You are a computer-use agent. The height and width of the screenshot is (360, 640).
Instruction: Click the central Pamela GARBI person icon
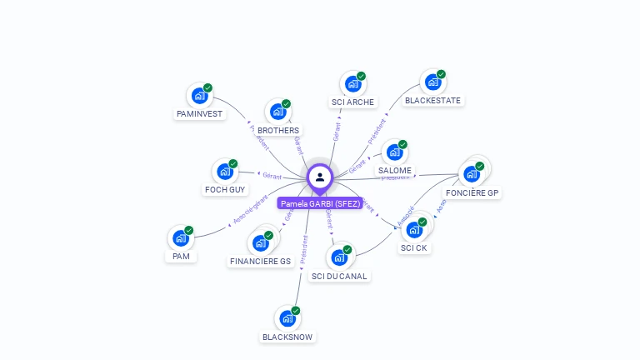pos(320,177)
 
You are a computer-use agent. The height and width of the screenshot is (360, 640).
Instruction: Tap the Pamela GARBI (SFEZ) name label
pos(320,203)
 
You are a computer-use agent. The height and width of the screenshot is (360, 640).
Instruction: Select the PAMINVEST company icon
pos(200,95)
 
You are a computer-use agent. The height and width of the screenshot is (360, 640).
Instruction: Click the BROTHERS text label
pos(278,131)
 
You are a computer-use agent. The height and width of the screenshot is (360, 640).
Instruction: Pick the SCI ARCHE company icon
pos(353,83)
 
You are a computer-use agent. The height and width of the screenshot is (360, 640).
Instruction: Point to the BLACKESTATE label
pos(432,101)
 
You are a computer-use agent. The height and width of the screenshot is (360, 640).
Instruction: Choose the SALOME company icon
pos(394,152)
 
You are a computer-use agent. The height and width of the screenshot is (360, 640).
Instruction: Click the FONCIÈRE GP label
pos(472,192)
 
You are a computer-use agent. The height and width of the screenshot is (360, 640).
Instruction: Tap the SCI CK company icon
pos(415,230)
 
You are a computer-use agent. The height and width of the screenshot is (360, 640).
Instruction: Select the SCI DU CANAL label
pos(339,276)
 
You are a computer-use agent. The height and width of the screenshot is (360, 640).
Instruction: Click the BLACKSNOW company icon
pos(287,318)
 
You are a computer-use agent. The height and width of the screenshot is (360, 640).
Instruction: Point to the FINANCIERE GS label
pos(261,262)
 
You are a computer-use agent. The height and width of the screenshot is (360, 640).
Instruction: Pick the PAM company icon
pos(181,238)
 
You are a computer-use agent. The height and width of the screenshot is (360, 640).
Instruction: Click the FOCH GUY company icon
pos(225,172)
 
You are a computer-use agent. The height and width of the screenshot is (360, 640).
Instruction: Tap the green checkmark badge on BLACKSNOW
pos(296,310)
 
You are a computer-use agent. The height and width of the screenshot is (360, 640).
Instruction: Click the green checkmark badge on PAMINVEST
pos(208,87)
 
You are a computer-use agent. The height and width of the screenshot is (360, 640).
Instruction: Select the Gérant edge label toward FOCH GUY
pos(272,176)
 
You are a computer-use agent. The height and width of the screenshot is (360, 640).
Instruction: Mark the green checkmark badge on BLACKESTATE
pos(441,74)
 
